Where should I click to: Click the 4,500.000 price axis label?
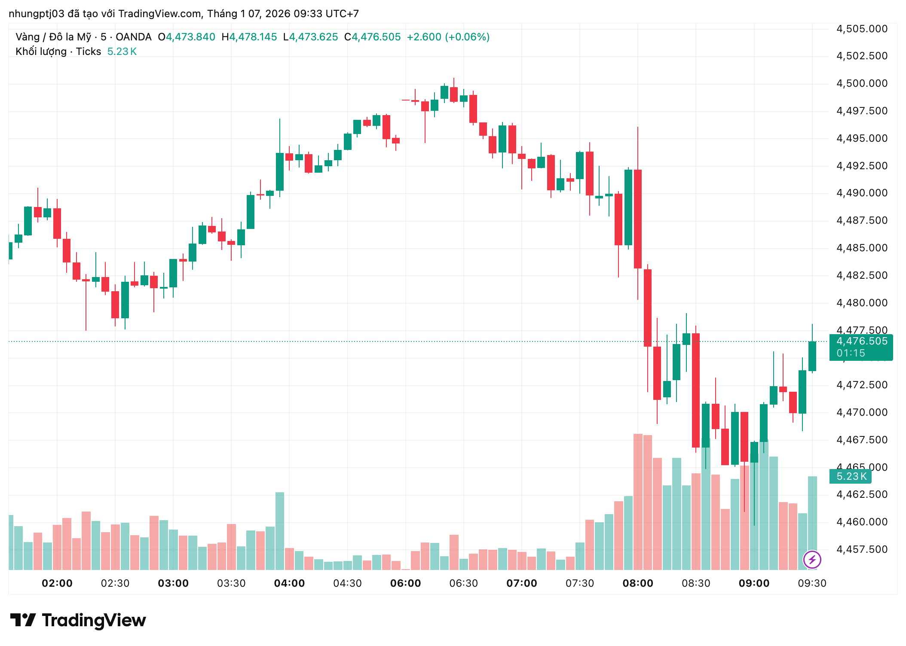862,83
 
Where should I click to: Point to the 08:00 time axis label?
638,583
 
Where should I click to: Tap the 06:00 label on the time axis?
405,583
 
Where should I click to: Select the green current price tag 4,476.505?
861,341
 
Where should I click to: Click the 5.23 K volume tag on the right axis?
851,476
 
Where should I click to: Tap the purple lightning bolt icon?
812,560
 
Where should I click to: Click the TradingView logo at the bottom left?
78,620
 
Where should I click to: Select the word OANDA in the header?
133,37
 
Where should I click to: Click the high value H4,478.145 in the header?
249,37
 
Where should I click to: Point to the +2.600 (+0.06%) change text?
448,37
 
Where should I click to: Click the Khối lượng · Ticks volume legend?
58,52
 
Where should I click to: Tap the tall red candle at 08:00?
638,219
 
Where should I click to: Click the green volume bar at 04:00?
280,531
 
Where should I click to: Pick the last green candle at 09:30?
812,356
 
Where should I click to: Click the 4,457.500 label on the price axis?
862,549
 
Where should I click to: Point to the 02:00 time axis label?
57,583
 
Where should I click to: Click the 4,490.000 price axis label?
862,193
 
